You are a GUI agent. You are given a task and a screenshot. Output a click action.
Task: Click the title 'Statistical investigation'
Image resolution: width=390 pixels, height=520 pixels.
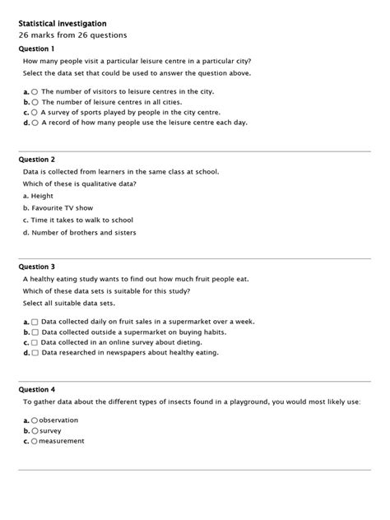(62, 24)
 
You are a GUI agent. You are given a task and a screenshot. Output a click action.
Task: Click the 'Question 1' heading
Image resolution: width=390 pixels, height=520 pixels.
(36, 49)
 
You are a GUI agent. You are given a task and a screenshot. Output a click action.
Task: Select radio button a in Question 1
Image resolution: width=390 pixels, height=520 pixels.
(35, 91)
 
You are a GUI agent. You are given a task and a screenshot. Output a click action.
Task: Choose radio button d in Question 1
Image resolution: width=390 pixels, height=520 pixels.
(35, 123)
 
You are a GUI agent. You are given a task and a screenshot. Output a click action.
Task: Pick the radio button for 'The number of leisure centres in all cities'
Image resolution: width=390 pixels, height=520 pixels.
(35, 102)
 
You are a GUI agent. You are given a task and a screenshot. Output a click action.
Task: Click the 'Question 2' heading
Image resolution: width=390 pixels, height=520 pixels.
(36, 159)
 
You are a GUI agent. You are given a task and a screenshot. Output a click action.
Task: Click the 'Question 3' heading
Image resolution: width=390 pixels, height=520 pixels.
(36, 267)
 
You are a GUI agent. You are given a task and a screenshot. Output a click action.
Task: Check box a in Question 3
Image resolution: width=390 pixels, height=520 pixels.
(35, 322)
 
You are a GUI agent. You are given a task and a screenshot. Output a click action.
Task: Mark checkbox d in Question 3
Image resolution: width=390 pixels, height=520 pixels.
(35, 353)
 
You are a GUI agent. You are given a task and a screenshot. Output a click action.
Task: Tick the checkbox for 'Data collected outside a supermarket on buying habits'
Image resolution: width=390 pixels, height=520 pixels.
(35, 332)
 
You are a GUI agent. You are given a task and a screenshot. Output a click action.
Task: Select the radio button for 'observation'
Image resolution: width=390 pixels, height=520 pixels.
(35, 420)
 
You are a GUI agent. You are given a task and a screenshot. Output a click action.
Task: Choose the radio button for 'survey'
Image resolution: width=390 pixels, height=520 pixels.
(35, 430)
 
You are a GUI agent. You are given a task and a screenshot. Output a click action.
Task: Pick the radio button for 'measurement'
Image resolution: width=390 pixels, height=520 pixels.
(35, 441)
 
